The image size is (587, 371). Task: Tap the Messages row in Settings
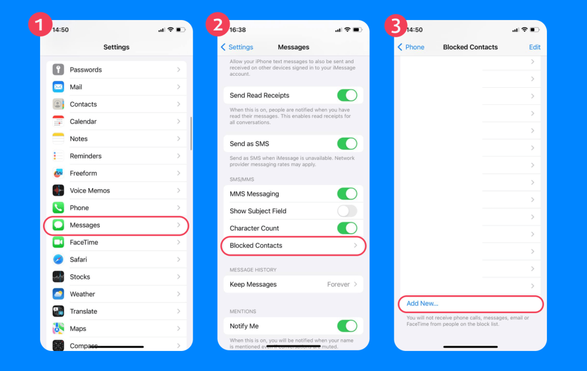pos(116,225)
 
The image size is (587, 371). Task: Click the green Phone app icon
pos(58,208)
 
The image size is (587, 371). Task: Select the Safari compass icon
pos(58,259)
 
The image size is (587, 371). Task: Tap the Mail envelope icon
pos(58,87)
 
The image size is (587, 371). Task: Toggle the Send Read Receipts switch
pos(347,95)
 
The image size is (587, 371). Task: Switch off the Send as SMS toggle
pos(347,143)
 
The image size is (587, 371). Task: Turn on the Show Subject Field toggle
pos(347,211)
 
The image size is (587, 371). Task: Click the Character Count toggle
pos(347,228)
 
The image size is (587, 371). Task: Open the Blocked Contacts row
pos(293,245)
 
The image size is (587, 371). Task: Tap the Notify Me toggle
pos(347,326)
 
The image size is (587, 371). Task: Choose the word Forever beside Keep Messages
pos(338,284)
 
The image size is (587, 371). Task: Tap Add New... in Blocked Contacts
pos(422,303)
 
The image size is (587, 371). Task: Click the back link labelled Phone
pos(411,47)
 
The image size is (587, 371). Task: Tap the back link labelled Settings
pos(237,47)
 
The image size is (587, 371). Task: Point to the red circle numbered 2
pos(217,25)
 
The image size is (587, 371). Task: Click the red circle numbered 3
pos(396,25)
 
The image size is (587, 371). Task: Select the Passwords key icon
pos(58,69)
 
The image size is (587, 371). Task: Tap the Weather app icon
pos(58,294)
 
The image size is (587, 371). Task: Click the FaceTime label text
pos(84,242)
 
